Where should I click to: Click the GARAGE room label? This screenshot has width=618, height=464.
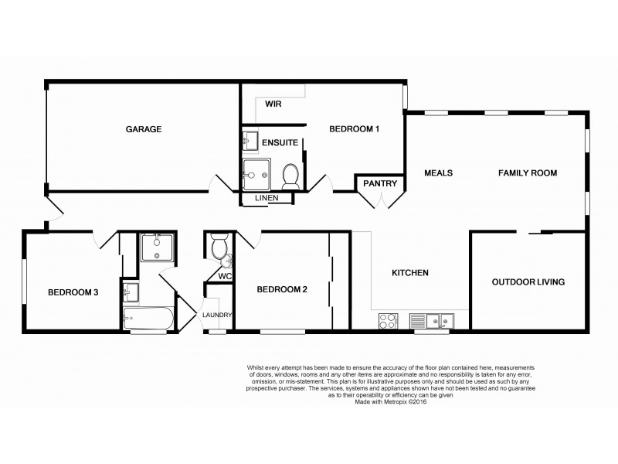pos(144,129)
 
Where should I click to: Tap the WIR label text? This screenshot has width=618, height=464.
pos(273,104)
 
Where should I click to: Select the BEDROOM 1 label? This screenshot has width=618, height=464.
pos(354,129)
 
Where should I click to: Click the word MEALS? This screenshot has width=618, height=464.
pos(438,173)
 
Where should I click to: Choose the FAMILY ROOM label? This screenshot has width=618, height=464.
pos(527,173)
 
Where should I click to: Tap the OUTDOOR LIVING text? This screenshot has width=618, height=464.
pos(528,282)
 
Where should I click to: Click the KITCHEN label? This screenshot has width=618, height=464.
pos(409,273)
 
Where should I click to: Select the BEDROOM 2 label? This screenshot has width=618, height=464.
pos(282,290)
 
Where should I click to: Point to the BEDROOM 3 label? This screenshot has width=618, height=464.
pos(73,292)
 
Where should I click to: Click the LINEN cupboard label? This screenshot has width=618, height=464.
pos(267,199)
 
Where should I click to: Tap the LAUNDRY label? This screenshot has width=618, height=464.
pos(217,315)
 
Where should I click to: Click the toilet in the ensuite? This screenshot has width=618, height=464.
pos(291,177)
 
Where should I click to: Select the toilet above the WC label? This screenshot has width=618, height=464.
pos(219,248)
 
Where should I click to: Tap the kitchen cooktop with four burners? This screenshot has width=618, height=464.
pos(387,320)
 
